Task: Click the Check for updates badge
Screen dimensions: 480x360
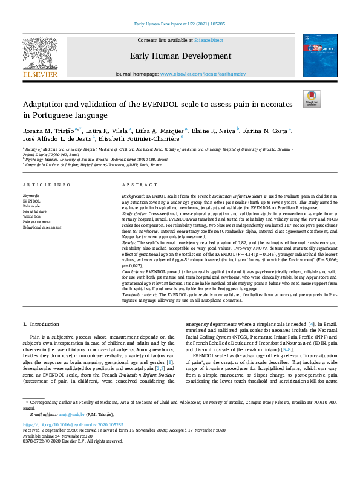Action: click(312, 99)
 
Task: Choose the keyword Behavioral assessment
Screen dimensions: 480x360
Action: click(42, 227)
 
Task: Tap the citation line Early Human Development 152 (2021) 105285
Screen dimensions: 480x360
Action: click(179, 25)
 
